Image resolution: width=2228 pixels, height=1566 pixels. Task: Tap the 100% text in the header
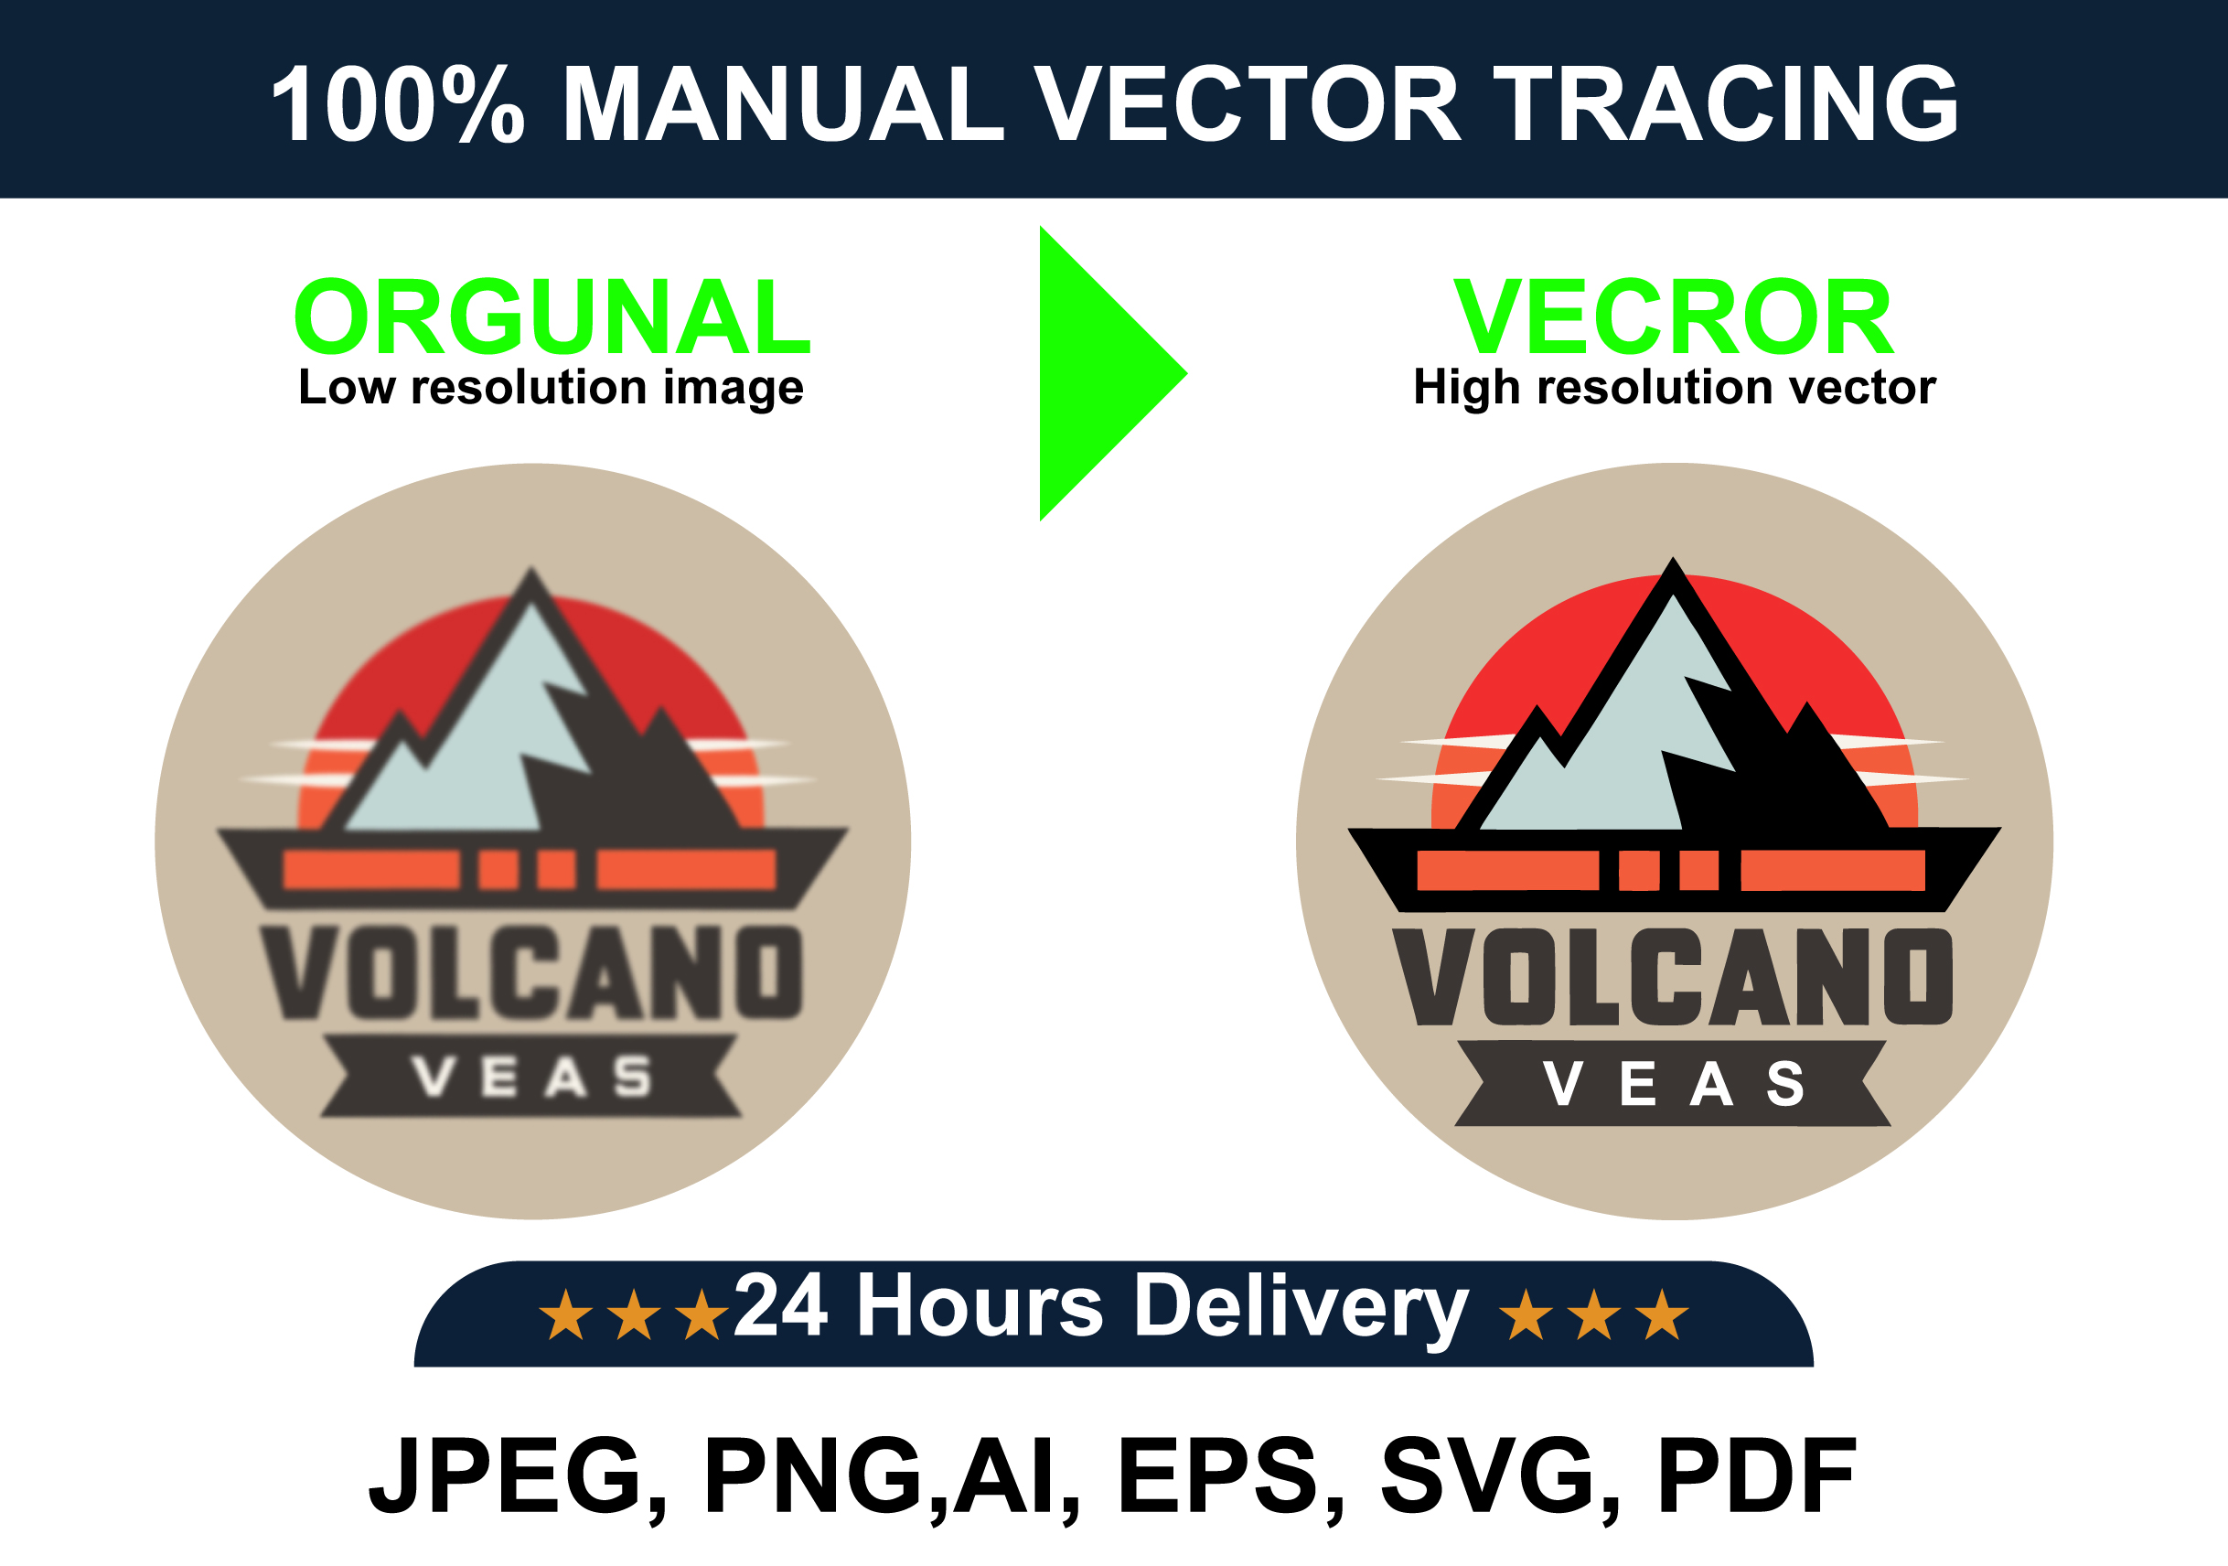click(x=398, y=102)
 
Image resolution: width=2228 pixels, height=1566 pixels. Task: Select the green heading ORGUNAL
click(x=552, y=316)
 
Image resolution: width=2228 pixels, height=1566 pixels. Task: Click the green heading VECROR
click(x=1673, y=316)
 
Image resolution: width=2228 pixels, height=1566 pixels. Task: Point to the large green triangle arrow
click(x=1097, y=373)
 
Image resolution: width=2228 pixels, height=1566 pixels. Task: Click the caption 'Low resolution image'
click(x=552, y=388)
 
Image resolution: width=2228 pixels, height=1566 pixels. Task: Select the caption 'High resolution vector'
click(x=1674, y=388)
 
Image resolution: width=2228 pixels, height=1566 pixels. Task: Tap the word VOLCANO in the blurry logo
click(x=531, y=971)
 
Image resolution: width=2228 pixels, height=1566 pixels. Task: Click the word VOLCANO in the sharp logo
click(x=1673, y=976)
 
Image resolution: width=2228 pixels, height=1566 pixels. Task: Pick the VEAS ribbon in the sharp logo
click(x=1673, y=1084)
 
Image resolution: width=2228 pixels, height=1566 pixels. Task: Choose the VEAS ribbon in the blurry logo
click(x=531, y=1076)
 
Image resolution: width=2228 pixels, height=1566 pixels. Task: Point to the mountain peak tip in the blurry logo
click(x=530, y=569)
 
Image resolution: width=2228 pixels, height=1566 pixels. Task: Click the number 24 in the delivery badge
click(x=781, y=1305)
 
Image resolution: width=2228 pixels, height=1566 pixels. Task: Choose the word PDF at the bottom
click(x=1756, y=1475)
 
